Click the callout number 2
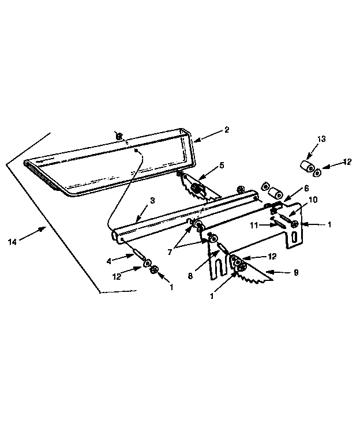[227, 130]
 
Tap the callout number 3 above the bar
[152, 201]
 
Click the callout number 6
[306, 187]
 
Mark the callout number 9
[296, 272]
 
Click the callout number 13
[321, 138]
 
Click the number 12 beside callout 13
[347, 162]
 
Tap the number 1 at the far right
[329, 224]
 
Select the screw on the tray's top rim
[119, 136]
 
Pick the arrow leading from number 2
[207, 135]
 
